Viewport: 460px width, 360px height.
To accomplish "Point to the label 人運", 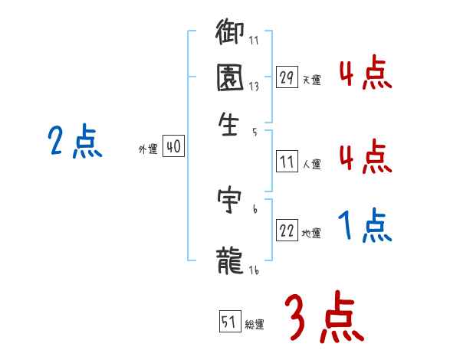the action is coord(311,164).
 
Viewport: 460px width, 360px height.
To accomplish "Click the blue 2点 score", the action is coord(74,141).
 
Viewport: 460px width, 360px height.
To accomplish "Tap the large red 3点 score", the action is coord(323,317).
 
